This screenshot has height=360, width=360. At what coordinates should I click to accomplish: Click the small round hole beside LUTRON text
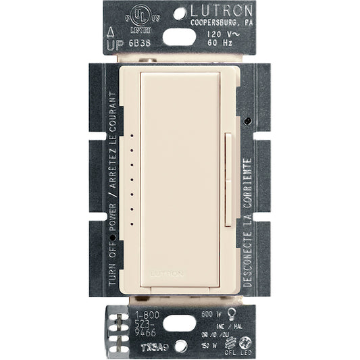pyautogui.click(x=180, y=12)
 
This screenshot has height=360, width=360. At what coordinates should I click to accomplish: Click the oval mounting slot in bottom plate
pyautogui.click(x=177, y=323)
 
